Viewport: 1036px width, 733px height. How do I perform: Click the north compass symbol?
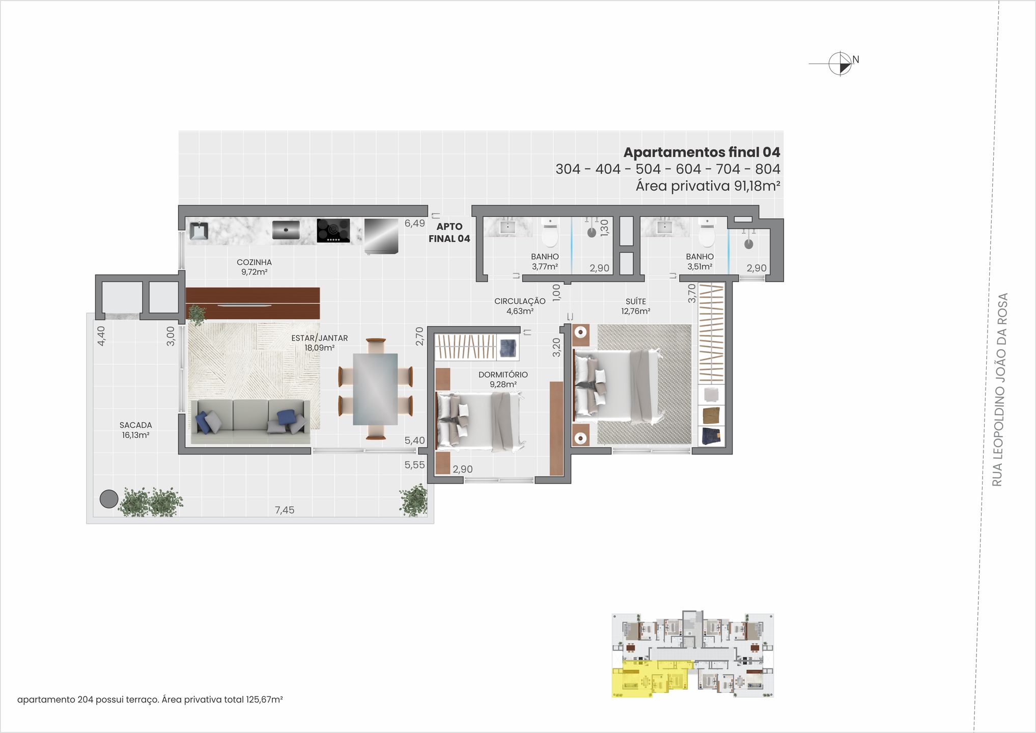point(840,64)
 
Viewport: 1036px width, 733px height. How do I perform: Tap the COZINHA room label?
point(254,267)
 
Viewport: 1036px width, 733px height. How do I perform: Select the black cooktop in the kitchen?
point(333,231)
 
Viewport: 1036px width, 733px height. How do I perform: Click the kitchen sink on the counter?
point(199,231)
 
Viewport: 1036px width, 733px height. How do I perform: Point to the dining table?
point(375,389)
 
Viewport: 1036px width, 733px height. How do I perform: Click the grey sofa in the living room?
point(249,421)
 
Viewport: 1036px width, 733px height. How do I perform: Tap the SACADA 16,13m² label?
point(135,430)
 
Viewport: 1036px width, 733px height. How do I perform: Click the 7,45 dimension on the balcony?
point(285,510)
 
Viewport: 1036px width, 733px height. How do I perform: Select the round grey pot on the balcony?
point(109,499)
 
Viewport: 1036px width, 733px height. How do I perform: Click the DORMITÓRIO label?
point(503,379)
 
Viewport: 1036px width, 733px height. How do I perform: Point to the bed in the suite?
point(617,385)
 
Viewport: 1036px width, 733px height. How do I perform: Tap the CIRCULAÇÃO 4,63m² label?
point(520,306)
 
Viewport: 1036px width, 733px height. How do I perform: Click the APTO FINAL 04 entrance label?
point(449,233)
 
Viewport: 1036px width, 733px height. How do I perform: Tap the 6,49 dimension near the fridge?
point(414,223)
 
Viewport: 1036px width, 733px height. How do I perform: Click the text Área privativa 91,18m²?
point(708,186)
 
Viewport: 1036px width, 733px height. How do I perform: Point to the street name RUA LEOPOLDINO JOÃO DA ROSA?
point(1000,389)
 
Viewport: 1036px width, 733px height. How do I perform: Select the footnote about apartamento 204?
point(150,699)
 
